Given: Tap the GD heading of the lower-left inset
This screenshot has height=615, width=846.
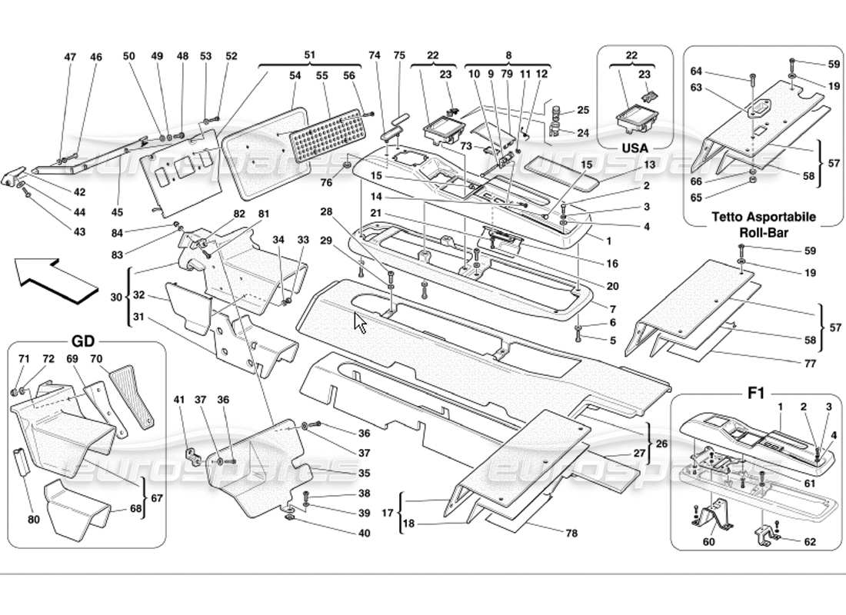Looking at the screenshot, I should coord(82,341).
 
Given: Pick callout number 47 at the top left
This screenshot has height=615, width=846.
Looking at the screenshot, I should coord(70,57).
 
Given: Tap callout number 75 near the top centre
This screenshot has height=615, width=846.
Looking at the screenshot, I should coord(399,55).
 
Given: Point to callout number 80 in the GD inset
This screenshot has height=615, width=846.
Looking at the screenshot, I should coord(33,520).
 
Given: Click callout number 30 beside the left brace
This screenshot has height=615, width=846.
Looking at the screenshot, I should coord(116,296).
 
